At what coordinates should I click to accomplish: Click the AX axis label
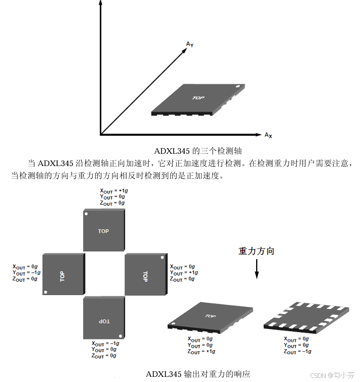point(268,135)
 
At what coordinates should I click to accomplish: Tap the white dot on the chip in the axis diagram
point(238,86)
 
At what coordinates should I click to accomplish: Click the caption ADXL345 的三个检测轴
point(198,151)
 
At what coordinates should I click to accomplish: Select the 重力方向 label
point(256,251)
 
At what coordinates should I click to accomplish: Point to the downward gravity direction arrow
point(257,269)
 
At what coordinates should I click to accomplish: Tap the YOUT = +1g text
point(184,272)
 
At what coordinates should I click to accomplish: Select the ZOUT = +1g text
point(201,352)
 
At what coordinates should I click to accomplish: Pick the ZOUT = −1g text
point(297,352)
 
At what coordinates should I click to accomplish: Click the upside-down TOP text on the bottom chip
point(104,321)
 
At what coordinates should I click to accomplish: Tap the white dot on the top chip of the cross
point(87,213)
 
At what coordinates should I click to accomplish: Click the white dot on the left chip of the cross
point(46,293)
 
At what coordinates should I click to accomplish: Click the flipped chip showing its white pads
point(308,317)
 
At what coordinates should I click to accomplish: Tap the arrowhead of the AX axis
point(259,135)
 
